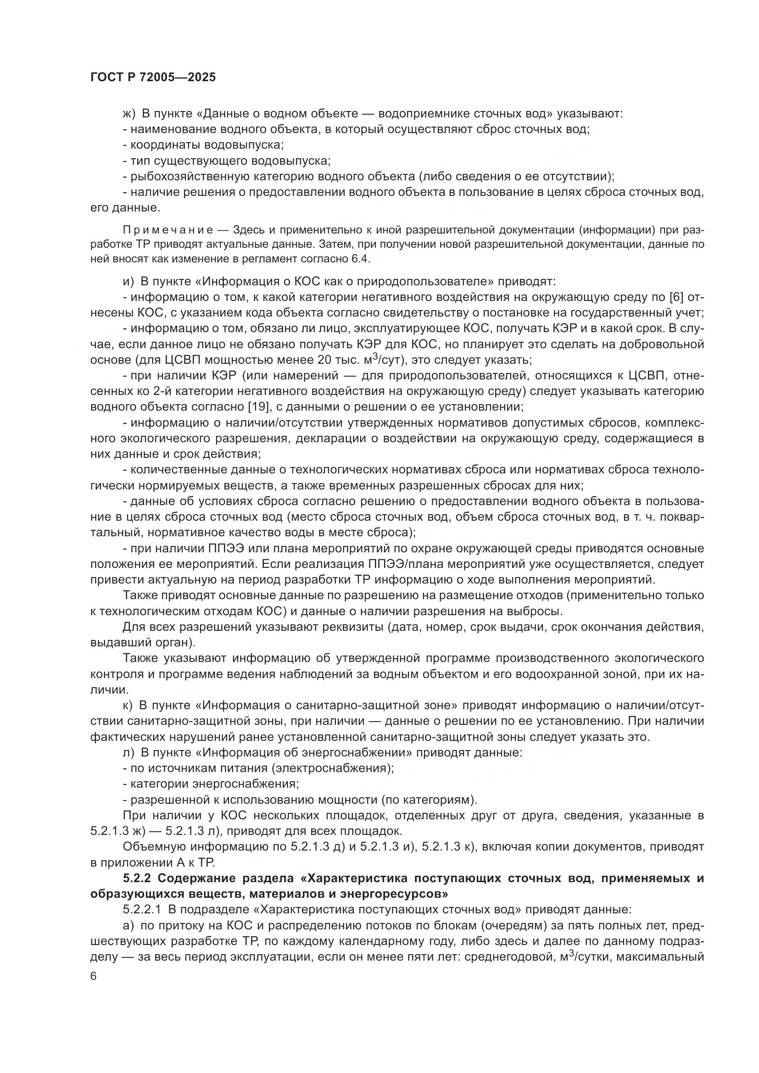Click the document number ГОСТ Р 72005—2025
153,78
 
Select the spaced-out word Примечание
168,230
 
